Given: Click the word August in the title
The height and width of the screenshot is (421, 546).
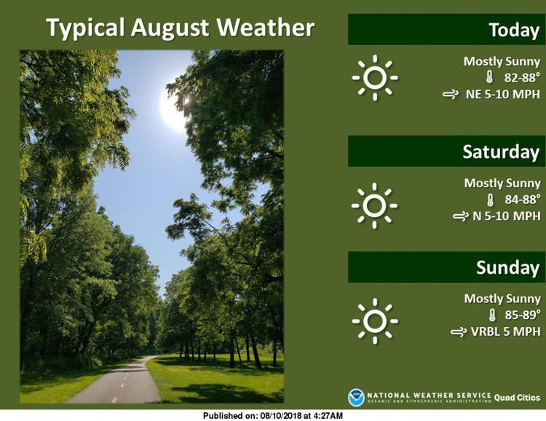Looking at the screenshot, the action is point(170,28).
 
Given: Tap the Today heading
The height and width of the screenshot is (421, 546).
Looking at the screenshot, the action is point(514,30).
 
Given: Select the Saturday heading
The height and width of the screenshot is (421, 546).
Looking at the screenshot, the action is point(501,152).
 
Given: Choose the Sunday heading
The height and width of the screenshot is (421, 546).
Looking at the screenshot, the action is point(508,267).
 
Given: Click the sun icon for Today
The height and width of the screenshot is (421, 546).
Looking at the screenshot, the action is point(375,77).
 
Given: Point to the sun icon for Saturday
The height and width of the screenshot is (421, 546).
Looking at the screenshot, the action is point(374,205).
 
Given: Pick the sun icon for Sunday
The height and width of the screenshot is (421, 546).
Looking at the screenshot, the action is point(375,321).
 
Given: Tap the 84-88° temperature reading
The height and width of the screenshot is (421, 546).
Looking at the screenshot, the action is point(523,200).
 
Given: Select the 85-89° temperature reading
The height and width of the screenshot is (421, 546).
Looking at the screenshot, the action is point(523,315).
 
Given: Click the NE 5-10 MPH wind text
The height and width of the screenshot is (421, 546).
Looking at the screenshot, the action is point(503,94).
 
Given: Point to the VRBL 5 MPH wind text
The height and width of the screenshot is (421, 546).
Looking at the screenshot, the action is point(506,331).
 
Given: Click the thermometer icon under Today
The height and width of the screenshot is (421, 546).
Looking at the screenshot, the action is point(489,77).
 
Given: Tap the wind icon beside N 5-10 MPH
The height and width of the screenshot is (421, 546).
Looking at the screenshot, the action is point(460,217).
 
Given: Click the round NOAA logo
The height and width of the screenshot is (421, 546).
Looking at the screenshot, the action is point(356,398).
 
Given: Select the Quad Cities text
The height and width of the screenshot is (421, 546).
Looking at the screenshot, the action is point(517,397).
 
